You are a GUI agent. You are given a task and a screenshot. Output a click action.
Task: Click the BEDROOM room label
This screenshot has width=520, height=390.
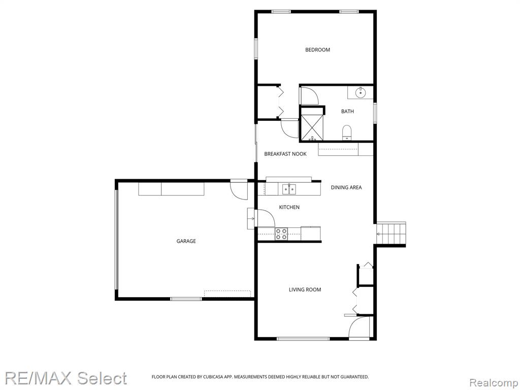pos(317,50)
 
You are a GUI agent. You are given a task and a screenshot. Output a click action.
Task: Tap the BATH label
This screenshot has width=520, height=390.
pos(347,111)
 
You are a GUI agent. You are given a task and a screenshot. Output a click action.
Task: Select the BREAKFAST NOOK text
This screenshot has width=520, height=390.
pos(285,154)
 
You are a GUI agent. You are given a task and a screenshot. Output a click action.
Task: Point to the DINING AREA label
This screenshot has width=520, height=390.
pos(346,187)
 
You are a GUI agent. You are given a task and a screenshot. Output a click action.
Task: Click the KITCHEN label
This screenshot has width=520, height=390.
pos(289,207)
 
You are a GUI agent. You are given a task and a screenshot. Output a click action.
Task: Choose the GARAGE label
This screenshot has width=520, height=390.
pos(186,241)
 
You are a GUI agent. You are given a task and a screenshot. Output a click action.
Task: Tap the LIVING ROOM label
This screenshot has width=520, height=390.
pos(305,289)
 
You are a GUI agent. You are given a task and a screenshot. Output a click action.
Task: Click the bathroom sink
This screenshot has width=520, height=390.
pos(361,92)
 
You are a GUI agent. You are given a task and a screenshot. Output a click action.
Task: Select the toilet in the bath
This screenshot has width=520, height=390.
pos(346,133)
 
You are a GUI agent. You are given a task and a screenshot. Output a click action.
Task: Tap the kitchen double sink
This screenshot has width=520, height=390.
pos(289,189)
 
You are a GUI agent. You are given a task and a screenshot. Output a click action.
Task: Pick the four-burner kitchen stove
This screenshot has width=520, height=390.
pos(281,234)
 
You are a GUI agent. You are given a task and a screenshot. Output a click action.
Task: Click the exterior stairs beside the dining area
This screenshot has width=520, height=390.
pos(392,234)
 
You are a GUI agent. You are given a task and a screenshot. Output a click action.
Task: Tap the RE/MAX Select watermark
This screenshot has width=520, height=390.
pos(66,378)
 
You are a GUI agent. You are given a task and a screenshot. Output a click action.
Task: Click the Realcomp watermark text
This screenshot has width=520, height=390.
pos(494,383)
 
